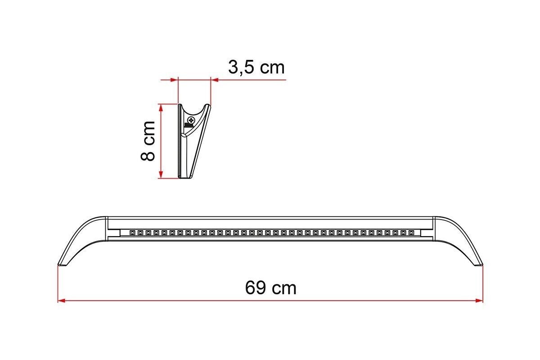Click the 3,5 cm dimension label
[x=256, y=67]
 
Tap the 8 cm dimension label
[x=148, y=141]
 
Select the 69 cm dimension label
[x=270, y=288]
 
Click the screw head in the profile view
[x=191, y=120]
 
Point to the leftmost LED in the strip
[x=132, y=233]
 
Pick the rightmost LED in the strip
[x=411, y=233]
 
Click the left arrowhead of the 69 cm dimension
[x=62, y=301]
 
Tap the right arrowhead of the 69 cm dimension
[x=479, y=301]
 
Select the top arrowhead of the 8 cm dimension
[x=161, y=108]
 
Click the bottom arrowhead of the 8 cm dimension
[x=161, y=175]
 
